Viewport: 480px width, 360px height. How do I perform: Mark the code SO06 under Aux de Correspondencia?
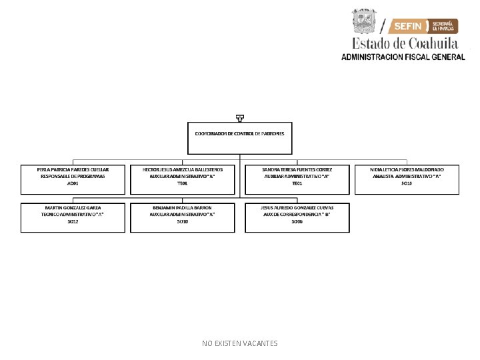(297, 221)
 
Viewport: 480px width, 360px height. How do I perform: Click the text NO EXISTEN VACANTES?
(239, 343)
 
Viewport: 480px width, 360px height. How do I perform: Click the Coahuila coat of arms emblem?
(365, 21)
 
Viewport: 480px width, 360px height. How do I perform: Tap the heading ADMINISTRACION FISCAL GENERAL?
(403, 57)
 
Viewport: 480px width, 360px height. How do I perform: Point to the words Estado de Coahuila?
(405, 43)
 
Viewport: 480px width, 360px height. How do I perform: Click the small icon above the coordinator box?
(239, 118)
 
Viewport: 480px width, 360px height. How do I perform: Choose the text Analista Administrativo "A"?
(407, 177)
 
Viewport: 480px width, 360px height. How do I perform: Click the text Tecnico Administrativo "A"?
(73, 215)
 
